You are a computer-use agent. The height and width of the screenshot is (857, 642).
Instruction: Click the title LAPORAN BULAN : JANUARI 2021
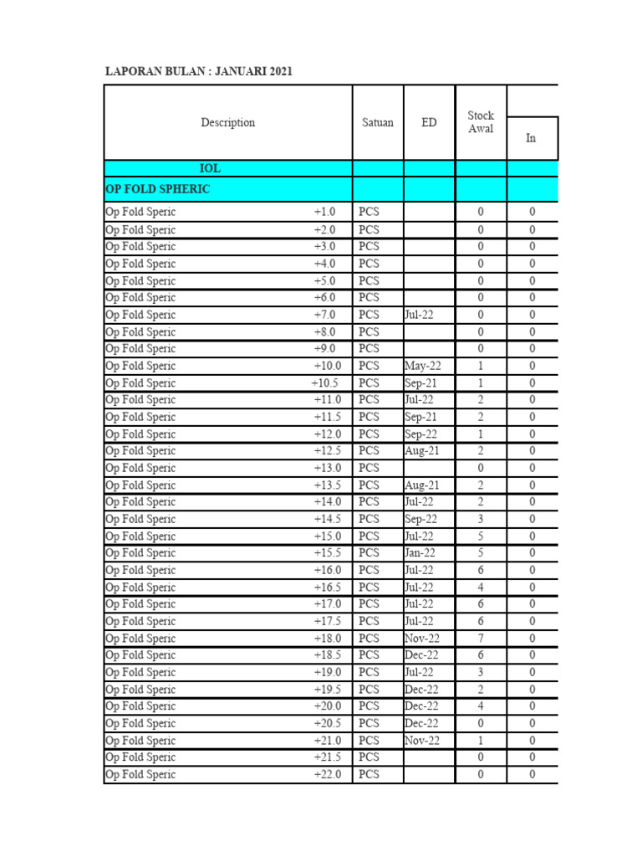pyautogui.click(x=198, y=72)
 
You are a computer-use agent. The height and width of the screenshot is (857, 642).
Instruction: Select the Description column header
pyautogui.click(x=227, y=122)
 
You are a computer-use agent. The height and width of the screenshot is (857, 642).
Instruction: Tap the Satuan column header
pyautogui.click(x=378, y=122)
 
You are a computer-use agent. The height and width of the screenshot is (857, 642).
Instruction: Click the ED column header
pyautogui.click(x=429, y=122)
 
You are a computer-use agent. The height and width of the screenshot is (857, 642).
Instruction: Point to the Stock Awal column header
pyautogui.click(x=481, y=122)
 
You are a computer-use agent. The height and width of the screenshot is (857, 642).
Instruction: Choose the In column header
pyautogui.click(x=531, y=138)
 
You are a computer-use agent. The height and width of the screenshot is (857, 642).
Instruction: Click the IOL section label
pyautogui.click(x=210, y=168)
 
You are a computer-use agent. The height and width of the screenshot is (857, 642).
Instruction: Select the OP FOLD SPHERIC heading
pyautogui.click(x=157, y=189)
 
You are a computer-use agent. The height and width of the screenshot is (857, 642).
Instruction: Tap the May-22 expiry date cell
pyautogui.click(x=422, y=366)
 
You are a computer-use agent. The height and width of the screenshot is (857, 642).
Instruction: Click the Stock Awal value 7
pyautogui.click(x=481, y=639)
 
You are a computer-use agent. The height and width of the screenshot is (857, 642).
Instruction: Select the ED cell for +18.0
pyautogui.click(x=422, y=639)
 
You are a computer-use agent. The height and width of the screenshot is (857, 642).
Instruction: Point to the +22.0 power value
pyautogui.click(x=328, y=775)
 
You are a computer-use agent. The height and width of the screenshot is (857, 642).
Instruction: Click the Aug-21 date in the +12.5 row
pyautogui.click(x=422, y=451)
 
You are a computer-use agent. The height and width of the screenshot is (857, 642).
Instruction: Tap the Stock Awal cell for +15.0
pyautogui.click(x=481, y=536)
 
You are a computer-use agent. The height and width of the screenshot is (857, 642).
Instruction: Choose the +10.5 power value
pyautogui.click(x=325, y=383)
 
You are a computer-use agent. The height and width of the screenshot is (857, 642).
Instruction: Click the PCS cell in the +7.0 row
pyautogui.click(x=369, y=315)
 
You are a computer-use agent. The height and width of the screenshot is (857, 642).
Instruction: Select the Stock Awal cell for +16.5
pyautogui.click(x=481, y=588)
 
